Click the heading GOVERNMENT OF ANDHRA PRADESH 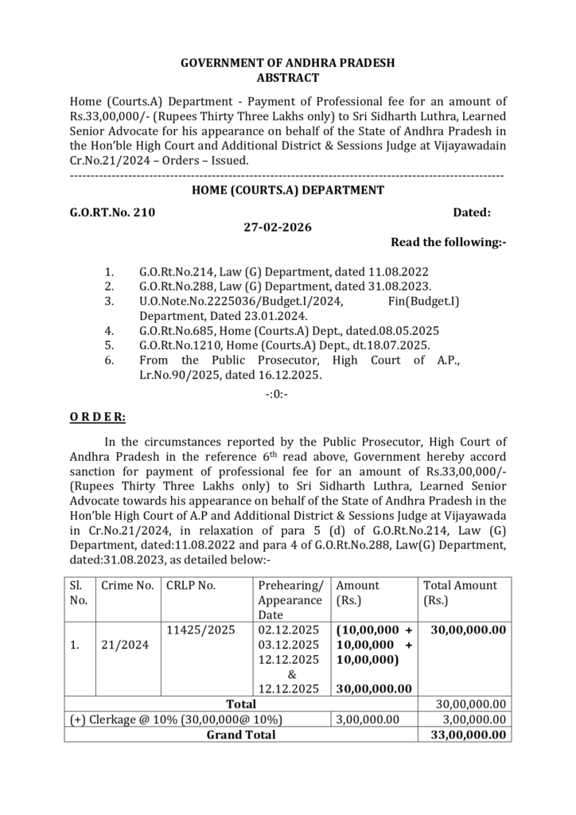pyautogui.click(x=288, y=63)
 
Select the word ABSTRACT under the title pyautogui.click(x=288, y=78)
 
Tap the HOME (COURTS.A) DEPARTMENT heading pyautogui.click(x=288, y=190)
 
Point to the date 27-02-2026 pyautogui.click(x=278, y=228)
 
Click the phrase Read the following pyautogui.click(x=448, y=243)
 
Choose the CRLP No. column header pyautogui.click(x=191, y=586)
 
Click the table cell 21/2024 pyautogui.click(x=125, y=645)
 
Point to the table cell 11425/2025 pyautogui.click(x=201, y=630)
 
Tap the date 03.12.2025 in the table pyautogui.click(x=289, y=645)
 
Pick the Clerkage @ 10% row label pyautogui.click(x=176, y=719)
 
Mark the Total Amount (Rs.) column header pyautogui.click(x=460, y=593)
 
